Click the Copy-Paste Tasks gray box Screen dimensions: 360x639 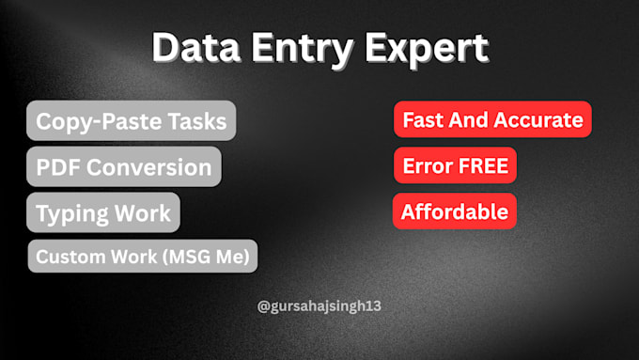132,121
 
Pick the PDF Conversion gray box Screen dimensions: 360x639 124,167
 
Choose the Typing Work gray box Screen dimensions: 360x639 103,212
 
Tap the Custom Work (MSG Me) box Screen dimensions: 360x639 143,255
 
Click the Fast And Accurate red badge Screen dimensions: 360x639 492,119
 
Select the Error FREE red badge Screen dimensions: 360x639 455,166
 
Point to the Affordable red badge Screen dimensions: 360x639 455,211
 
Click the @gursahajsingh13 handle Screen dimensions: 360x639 319,306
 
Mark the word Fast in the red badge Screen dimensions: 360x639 421,119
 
